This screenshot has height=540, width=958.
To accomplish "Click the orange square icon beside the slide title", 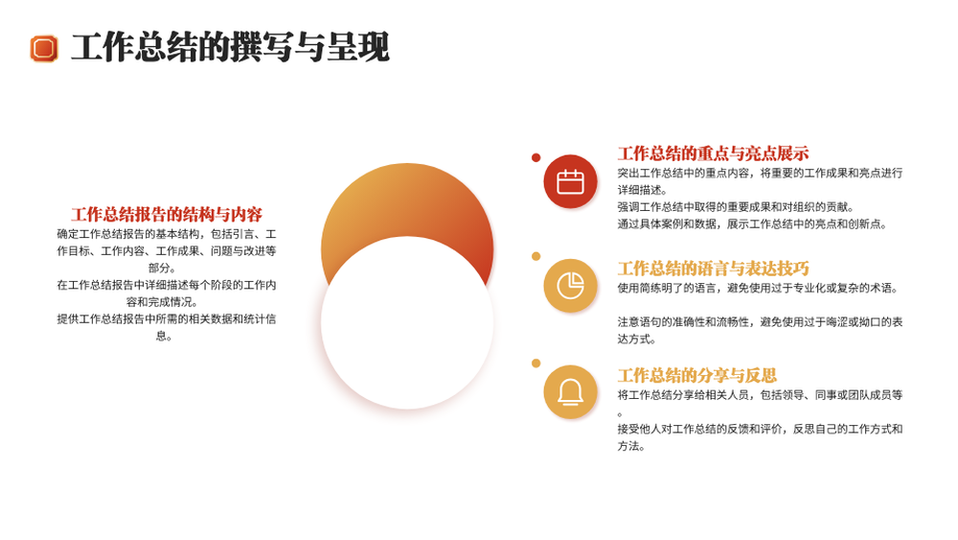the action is pyautogui.click(x=44, y=48).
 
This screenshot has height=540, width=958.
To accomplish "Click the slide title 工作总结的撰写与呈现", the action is pyautogui.click(x=230, y=48).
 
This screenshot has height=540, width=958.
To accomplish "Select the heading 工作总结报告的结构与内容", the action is pyautogui.click(x=167, y=214).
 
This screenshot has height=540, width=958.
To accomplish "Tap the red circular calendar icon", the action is pyautogui.click(x=570, y=181).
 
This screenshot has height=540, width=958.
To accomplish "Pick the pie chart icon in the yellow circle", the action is pyautogui.click(x=570, y=286).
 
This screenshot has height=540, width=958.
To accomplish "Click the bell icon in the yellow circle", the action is pyautogui.click(x=570, y=392).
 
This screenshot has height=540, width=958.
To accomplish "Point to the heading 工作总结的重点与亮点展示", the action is pyautogui.click(x=713, y=153).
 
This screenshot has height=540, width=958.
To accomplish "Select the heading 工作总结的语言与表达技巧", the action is pyautogui.click(x=713, y=268).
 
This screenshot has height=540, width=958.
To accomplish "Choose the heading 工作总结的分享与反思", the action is pyautogui.click(x=697, y=375).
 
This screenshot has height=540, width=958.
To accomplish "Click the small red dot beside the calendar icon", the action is pyautogui.click(x=536, y=158).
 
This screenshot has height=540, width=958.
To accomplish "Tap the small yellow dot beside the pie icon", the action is pyautogui.click(x=536, y=256).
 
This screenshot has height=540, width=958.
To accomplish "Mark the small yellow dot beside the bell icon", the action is pyautogui.click(x=536, y=364).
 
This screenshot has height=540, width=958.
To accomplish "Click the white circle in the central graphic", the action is pyautogui.click(x=407, y=322).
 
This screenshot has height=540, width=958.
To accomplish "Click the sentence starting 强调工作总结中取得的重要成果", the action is pyautogui.click(x=736, y=207).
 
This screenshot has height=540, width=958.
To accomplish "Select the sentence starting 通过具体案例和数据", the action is pyautogui.click(x=752, y=223).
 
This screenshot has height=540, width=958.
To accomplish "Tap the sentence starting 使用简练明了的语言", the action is pyautogui.click(x=758, y=288).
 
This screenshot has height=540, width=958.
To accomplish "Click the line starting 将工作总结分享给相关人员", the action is pyautogui.click(x=760, y=395).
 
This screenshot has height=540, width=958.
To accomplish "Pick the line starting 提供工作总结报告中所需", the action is pyautogui.click(x=166, y=318).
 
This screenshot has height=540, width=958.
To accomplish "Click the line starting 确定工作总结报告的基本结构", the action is pyautogui.click(x=166, y=234).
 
